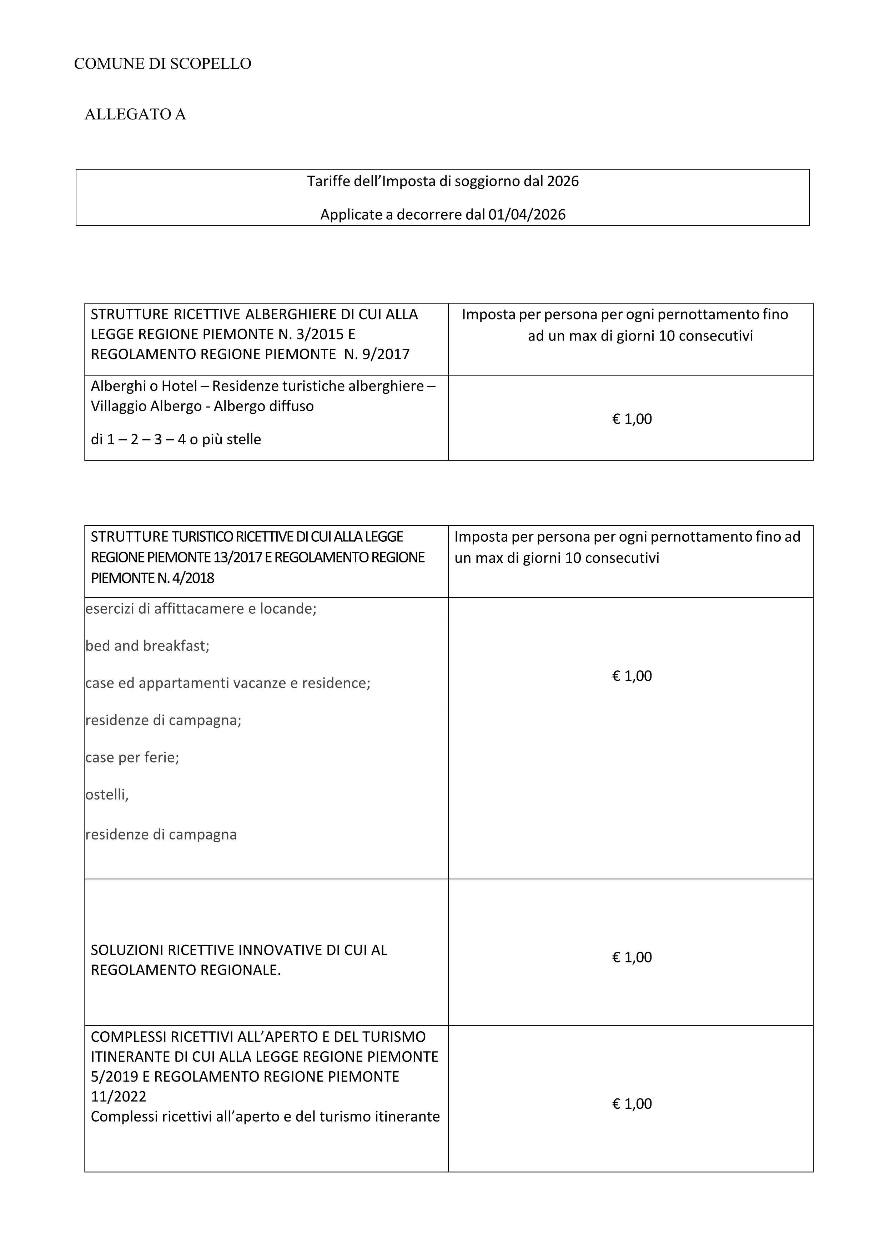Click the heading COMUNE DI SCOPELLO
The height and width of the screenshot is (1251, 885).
pos(162,64)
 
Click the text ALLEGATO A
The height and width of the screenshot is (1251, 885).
pos(135,114)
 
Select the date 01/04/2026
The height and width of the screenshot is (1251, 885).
pos(527,215)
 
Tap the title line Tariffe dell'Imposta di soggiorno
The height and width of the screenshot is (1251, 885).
pos(442,182)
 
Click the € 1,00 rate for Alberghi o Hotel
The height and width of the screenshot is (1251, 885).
pos(632,419)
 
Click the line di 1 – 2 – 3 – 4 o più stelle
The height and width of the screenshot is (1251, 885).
pos(176,439)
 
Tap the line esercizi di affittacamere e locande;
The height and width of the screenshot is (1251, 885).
pos(201,609)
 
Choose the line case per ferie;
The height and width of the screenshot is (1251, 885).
pos(132,758)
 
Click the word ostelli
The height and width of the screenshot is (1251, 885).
pos(106,795)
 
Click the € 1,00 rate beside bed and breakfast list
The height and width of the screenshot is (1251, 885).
pos(632,676)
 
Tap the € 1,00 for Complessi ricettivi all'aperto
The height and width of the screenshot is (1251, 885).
pos(632,1104)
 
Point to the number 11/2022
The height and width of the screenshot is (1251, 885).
pos(118,1096)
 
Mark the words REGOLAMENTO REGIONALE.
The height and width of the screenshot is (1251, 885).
pos(185,970)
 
